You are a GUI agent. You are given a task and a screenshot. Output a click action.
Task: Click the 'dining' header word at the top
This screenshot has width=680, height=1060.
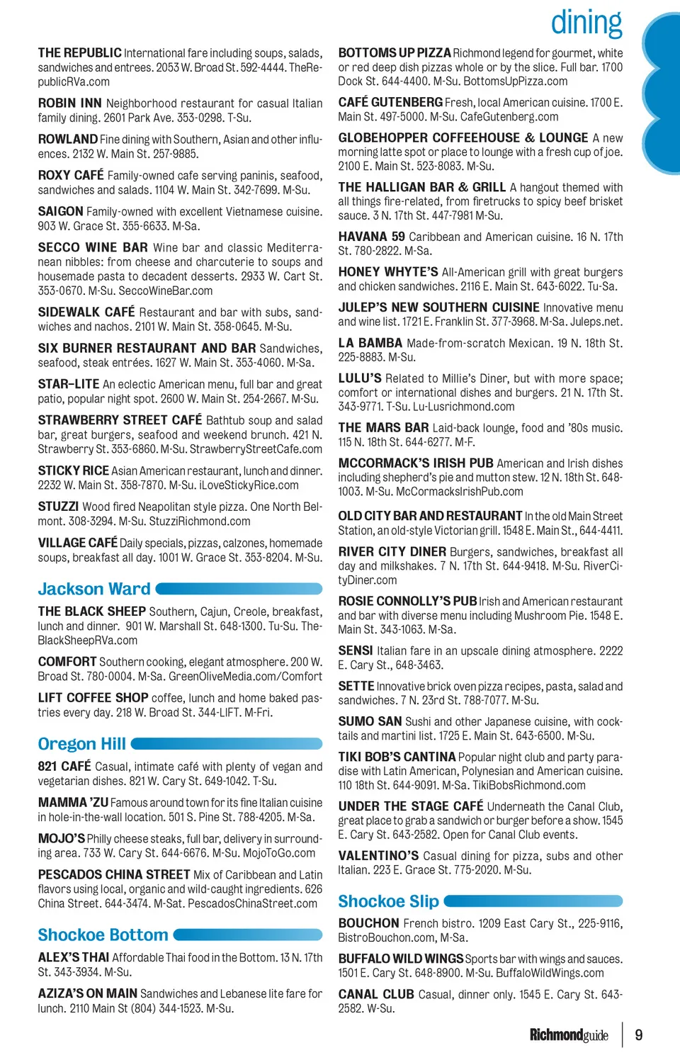click(586, 23)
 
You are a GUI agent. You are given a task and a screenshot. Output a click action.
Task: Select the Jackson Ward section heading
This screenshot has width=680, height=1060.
click(94, 589)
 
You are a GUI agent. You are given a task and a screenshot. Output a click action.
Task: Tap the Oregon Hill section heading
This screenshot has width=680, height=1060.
click(82, 744)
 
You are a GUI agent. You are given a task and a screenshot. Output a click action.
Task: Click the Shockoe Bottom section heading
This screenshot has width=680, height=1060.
click(103, 935)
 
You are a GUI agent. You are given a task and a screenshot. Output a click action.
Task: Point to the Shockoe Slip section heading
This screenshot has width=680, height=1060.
click(388, 901)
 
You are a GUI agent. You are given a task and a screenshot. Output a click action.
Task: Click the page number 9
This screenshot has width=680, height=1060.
click(639, 1035)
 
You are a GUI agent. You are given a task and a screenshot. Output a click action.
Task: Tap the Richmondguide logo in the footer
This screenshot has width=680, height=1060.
click(569, 1035)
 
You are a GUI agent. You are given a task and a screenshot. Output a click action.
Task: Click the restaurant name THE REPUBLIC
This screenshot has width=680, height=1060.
click(79, 53)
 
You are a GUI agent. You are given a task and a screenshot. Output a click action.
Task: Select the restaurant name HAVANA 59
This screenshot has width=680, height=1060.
click(371, 237)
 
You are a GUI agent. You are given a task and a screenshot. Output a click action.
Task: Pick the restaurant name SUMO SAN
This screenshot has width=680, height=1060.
click(370, 721)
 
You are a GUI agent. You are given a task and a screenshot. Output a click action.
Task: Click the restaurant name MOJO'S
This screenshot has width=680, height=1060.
click(61, 839)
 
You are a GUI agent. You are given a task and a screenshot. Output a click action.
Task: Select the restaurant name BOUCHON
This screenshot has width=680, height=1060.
click(368, 923)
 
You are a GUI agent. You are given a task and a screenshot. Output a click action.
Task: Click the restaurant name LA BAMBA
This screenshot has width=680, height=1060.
click(370, 343)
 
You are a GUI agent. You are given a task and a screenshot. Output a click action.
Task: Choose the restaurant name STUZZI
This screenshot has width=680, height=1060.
click(58, 507)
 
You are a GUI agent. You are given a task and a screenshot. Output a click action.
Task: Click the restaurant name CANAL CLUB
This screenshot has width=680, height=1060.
click(376, 994)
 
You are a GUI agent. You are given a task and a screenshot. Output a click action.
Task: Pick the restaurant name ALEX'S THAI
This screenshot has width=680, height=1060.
click(74, 958)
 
